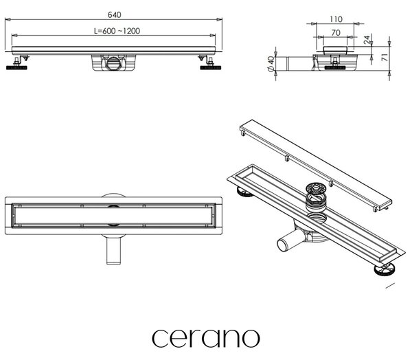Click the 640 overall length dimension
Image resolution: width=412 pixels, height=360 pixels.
point(115,14)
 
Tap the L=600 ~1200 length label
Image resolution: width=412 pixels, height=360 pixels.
point(117,31)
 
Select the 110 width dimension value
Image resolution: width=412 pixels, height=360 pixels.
point(336,19)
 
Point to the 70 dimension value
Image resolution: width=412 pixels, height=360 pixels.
point(336,33)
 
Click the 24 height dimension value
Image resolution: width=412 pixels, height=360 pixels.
point(367,40)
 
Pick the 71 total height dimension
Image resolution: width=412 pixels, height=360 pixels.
point(385,57)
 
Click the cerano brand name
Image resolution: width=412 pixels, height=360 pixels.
point(206,339)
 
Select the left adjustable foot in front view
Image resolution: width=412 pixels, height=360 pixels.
point(17,63)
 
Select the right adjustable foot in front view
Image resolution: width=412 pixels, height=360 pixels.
point(210,63)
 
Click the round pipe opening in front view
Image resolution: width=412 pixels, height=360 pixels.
point(114,63)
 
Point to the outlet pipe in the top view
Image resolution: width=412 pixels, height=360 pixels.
point(114,250)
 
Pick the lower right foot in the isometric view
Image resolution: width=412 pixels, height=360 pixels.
point(385,269)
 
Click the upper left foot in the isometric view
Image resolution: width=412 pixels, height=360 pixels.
point(245,192)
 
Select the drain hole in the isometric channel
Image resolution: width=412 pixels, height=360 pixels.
point(317,218)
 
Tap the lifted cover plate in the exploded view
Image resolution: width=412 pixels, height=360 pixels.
point(316,166)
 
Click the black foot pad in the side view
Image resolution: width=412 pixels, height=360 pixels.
point(335,68)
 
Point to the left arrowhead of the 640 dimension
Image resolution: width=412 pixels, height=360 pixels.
point(8,19)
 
